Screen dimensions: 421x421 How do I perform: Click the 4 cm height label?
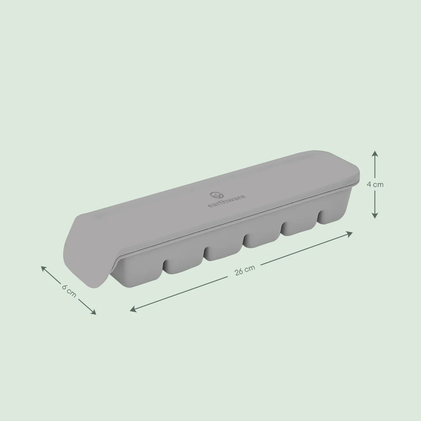[x=375, y=184]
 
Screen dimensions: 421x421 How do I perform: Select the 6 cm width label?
[x=69, y=290]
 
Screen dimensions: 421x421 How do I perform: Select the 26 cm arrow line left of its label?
[x=185, y=291]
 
